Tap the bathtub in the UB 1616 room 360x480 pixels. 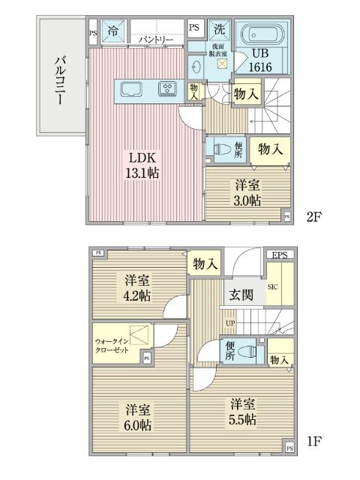click(261, 35)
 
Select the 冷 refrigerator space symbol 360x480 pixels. click(112, 32)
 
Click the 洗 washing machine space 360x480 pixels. click(219, 31)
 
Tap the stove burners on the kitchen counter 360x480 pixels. click(167, 89)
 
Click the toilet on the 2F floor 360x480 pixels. click(222, 148)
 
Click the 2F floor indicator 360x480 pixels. click(313, 217)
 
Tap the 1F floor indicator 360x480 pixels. click(313, 441)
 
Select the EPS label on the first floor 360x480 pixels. click(280, 256)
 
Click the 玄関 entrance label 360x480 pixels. click(241, 295)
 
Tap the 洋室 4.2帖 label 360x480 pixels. click(138, 288)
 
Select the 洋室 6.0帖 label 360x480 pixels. click(139, 417)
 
